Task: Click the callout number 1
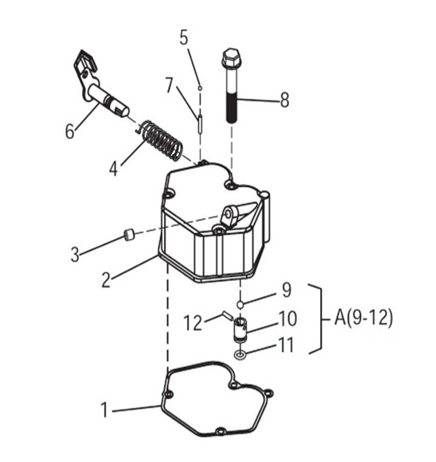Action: pos(105,410)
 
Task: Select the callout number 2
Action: pos(106,280)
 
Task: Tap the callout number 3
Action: pos(75,254)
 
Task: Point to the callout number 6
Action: pos(70,130)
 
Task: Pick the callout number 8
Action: pos(285,100)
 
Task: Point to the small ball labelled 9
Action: pos(241,303)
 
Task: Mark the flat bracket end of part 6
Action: pos(84,64)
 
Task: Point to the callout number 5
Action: pos(184,38)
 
